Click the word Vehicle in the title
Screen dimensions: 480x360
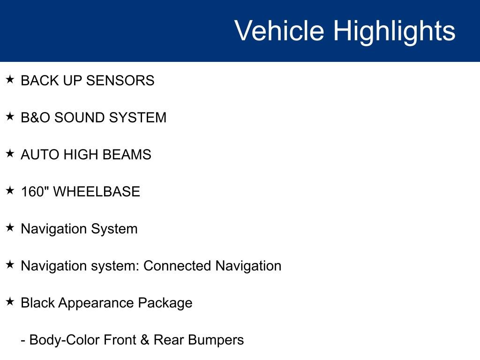click(279, 30)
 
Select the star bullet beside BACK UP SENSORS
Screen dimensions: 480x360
click(10, 79)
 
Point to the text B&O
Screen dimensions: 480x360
click(35, 118)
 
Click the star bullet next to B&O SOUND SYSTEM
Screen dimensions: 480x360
click(10, 116)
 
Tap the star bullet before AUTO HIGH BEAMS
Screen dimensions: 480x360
click(10, 153)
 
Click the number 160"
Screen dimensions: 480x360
click(35, 192)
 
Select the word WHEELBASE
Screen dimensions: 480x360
click(97, 192)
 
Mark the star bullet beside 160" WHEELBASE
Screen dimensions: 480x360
click(10, 190)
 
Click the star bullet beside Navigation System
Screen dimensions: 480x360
click(10, 227)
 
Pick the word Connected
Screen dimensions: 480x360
click(177, 266)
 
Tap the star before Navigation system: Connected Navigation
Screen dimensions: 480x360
click(10, 264)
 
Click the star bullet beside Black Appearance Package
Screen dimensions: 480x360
click(10, 301)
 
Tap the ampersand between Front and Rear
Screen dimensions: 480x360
click(145, 340)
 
